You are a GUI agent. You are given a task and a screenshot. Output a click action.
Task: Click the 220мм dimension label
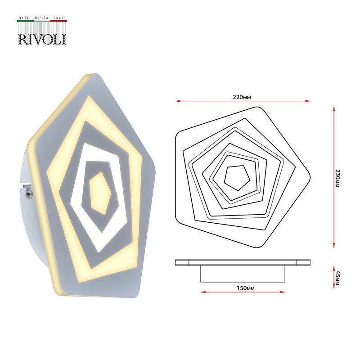click(x=242, y=96)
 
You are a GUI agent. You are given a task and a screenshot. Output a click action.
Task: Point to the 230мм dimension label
click(x=337, y=178)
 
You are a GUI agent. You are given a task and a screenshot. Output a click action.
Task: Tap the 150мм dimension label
click(x=243, y=288)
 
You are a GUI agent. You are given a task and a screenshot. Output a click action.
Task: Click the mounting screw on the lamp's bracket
click(x=29, y=193)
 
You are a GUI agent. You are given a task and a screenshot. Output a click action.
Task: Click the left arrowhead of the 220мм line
click(x=177, y=101)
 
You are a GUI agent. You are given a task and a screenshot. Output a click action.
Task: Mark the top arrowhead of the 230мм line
click(x=333, y=109)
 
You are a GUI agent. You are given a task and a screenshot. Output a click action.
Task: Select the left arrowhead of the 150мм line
click(x=202, y=292)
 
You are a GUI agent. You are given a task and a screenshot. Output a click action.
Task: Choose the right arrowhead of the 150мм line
click(x=283, y=292)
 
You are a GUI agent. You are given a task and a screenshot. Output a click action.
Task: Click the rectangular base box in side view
click(x=243, y=274)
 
